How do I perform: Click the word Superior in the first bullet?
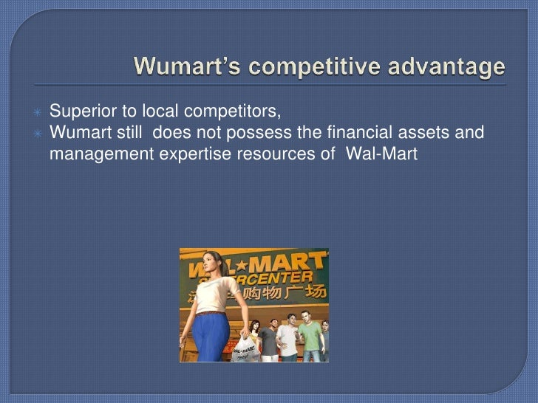(77, 112)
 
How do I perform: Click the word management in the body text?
(92, 155)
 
